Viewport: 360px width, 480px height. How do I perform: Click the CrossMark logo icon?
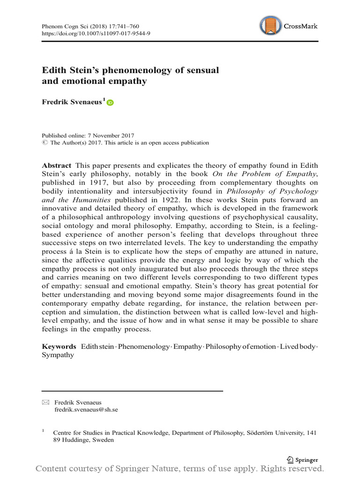pyautogui.click(x=271, y=26)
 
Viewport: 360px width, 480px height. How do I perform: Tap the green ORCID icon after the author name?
pyautogui.click(x=110, y=102)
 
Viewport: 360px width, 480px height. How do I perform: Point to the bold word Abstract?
pyautogui.click(x=57, y=166)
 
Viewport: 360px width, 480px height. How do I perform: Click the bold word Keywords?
pyautogui.click(x=59, y=346)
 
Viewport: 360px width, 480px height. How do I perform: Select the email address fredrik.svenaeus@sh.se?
pyautogui.click(x=86, y=409)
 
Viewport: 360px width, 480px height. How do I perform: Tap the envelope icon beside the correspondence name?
pyautogui.click(x=45, y=402)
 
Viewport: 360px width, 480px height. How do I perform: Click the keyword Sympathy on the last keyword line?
pyautogui.click(x=58, y=355)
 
